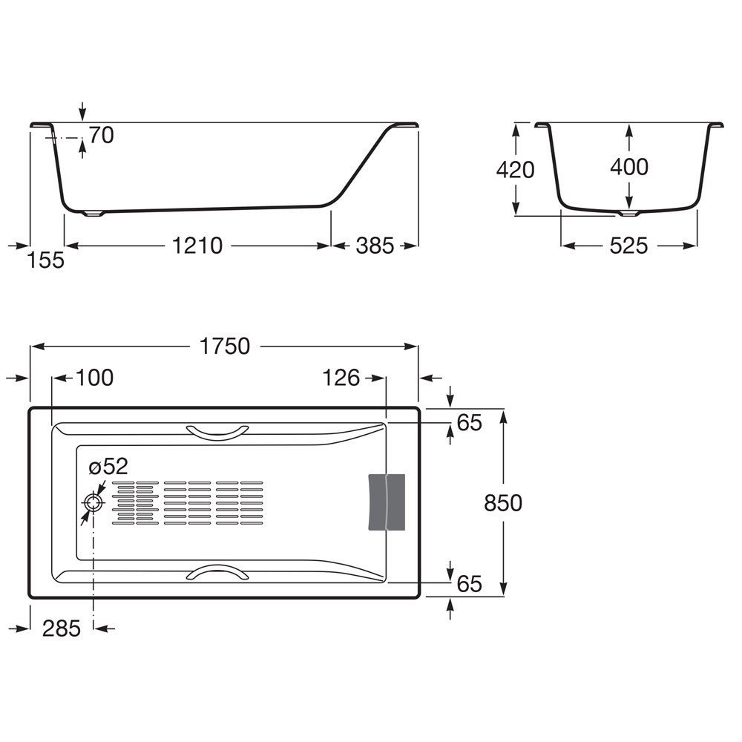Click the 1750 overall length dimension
[225, 347]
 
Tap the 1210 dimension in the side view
[197, 246]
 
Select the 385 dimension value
[375, 246]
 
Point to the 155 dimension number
[46, 260]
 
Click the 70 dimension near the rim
[101, 135]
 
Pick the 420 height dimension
[516, 169]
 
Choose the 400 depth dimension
[629, 166]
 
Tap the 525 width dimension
[628, 246]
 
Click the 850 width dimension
[503, 503]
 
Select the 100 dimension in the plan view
[95, 378]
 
